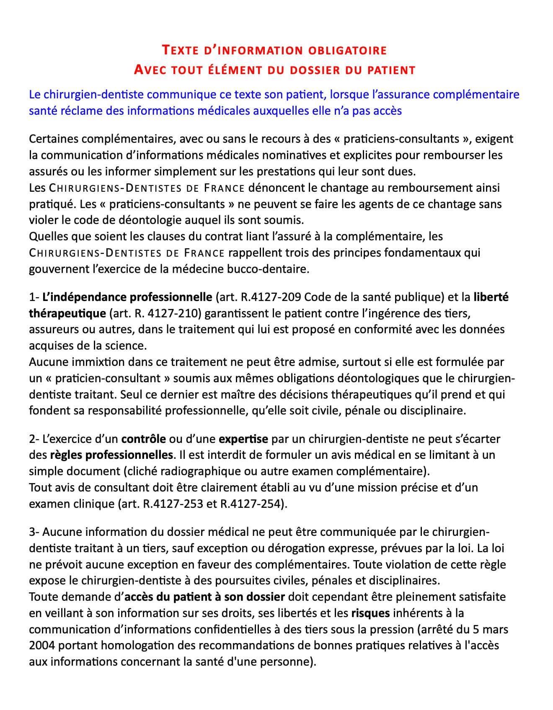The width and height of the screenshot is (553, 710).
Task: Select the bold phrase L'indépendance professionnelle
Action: (x=127, y=297)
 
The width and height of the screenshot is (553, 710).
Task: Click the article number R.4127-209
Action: (x=271, y=297)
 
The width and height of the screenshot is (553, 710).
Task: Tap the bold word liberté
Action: (x=491, y=297)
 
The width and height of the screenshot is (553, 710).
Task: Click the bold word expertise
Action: (x=243, y=439)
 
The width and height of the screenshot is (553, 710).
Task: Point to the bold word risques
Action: (x=371, y=613)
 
